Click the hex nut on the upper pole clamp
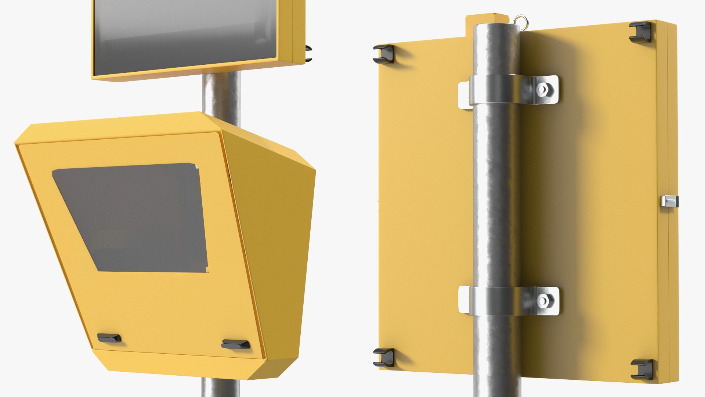542,89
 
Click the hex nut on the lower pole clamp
543,301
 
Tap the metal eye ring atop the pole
519,20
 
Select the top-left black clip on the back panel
383,54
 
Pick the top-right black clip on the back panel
640,31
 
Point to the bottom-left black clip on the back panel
384,357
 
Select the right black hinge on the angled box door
235,344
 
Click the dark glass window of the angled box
132,217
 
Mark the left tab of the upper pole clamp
464,95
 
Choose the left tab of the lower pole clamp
464,300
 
